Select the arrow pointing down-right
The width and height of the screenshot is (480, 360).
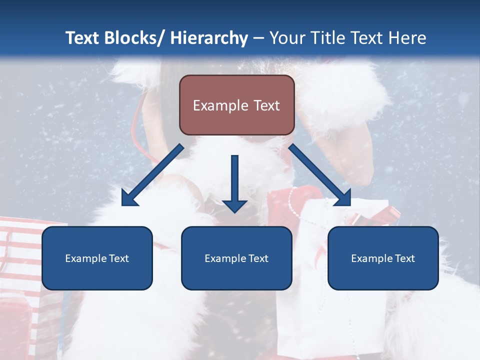(x=320, y=175)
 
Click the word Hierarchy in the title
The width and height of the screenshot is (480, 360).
(x=209, y=38)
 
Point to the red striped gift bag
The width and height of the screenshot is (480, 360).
(x=20, y=260)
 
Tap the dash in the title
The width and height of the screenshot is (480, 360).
(x=258, y=38)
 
